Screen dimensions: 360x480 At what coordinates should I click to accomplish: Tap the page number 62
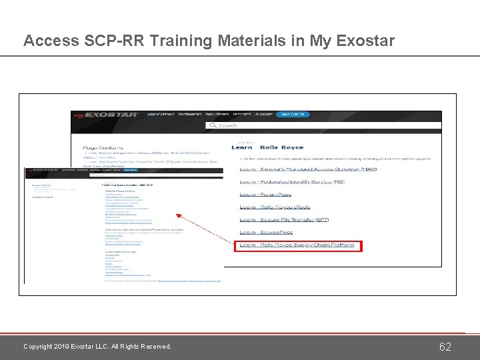coord(445,347)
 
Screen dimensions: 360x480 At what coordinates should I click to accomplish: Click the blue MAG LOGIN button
coord(293,115)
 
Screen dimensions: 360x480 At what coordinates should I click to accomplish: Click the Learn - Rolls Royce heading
coord(267,147)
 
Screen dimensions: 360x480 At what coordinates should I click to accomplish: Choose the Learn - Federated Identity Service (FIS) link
coord(293,181)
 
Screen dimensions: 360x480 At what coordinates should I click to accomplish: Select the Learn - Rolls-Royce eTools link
coord(275,207)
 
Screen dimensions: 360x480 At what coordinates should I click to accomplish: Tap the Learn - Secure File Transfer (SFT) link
coord(285,220)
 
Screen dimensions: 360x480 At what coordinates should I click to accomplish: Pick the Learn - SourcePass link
coord(267,233)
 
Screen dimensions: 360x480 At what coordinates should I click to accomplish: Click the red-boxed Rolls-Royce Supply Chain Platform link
coord(297,245)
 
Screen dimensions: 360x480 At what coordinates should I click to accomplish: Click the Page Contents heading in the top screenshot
coord(104,147)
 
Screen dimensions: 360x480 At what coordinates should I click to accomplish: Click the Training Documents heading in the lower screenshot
coord(127,184)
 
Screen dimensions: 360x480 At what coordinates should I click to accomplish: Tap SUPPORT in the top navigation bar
coord(261,115)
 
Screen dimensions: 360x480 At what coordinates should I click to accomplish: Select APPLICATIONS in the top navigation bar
coord(161,115)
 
